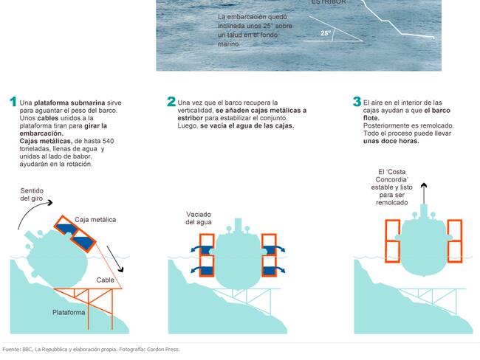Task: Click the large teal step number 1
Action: point(13,102)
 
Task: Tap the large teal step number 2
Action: point(171,102)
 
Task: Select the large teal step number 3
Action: point(357,102)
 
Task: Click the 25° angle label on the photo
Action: point(326,33)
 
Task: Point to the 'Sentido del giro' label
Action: point(32,195)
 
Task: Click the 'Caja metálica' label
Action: point(95,220)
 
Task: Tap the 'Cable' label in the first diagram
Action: point(106,280)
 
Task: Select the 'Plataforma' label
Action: point(69,312)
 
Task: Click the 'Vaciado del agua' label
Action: point(199,218)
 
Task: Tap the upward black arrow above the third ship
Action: point(424,193)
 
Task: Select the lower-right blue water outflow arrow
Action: point(277,269)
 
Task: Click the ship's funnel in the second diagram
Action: point(238,226)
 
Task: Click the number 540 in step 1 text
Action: point(109,141)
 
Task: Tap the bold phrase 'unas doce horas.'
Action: point(391,141)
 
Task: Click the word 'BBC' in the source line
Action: point(27,349)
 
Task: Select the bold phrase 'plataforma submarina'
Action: point(69,103)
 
